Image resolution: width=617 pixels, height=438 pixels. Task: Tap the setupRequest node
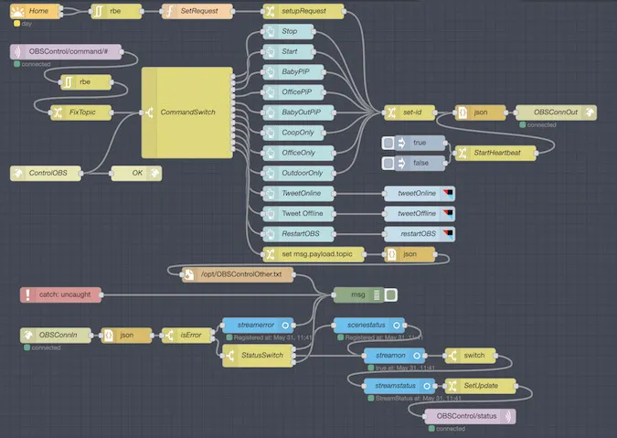click(x=303, y=11)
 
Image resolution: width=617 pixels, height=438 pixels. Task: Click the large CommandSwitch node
click(x=186, y=112)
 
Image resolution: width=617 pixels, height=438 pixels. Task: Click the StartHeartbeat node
click(x=495, y=153)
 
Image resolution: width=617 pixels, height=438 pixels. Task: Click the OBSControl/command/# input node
click(x=72, y=52)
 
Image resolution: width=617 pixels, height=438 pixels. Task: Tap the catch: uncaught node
click(x=60, y=294)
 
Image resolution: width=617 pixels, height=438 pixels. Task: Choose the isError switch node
click(x=186, y=336)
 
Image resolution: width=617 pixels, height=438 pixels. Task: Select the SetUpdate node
click(x=479, y=386)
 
